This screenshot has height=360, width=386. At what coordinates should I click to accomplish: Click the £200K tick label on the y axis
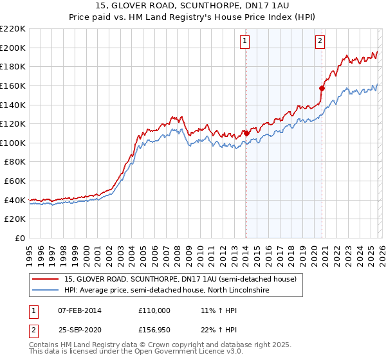(x=13, y=48)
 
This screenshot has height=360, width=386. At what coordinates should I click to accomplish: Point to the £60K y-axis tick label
(x=15, y=181)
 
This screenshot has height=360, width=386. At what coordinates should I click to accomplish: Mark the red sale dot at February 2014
(x=246, y=133)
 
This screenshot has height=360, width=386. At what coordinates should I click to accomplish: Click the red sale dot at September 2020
(x=322, y=88)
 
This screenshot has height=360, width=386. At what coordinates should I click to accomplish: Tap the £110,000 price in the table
(x=154, y=310)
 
